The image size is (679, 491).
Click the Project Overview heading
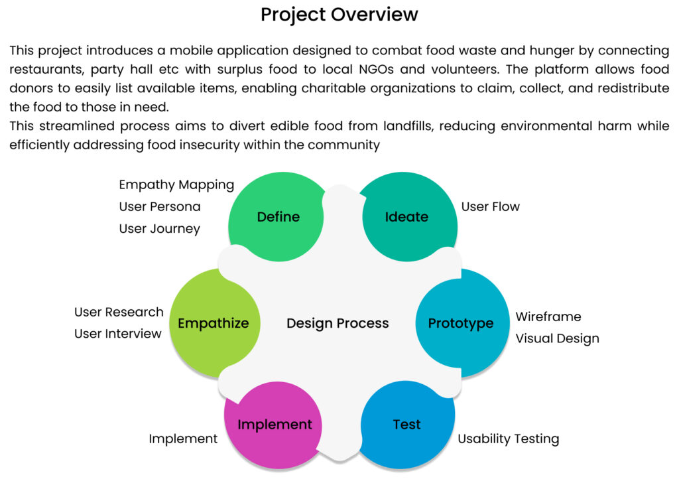[x=339, y=15]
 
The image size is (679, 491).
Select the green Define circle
[x=278, y=217]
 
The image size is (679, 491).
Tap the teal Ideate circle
[x=406, y=217]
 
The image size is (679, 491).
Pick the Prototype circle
[x=461, y=323]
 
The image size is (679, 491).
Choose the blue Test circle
[x=406, y=425]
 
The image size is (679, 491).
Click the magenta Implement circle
[x=275, y=425]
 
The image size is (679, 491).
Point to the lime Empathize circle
[x=213, y=323]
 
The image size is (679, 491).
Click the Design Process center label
[x=338, y=323]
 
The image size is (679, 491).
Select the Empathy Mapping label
[x=176, y=184]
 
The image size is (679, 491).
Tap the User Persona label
[x=160, y=206]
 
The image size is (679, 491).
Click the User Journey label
[x=160, y=228]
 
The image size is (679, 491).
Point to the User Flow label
[x=491, y=206]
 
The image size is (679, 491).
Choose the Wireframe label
[x=548, y=316]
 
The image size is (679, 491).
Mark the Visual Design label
[x=557, y=338]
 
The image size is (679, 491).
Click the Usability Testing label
[x=509, y=439]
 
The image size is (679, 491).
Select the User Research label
[x=119, y=312]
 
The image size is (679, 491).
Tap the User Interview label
[x=118, y=334]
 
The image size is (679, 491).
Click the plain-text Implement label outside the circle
[x=183, y=439]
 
